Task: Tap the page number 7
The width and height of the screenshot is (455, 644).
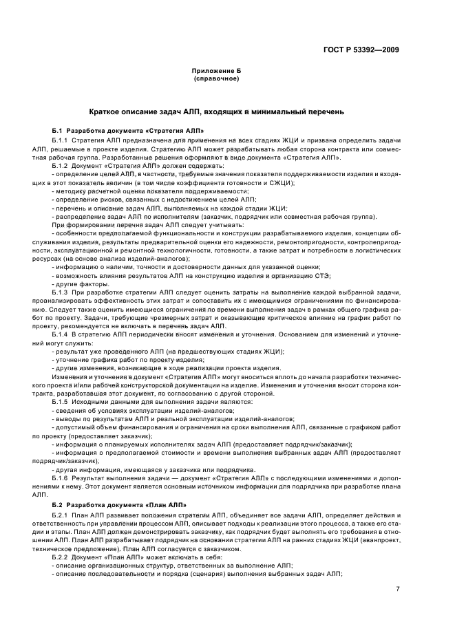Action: [397, 590]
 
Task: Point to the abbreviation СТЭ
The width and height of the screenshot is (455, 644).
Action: [323, 275]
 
